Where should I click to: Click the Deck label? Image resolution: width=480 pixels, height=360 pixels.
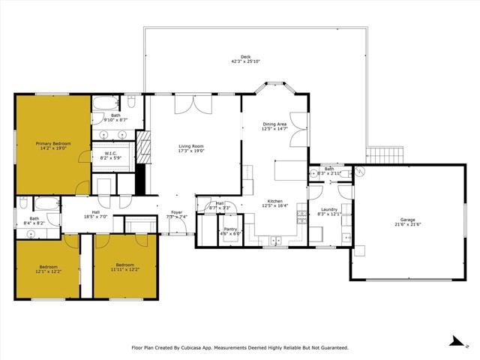[245, 57]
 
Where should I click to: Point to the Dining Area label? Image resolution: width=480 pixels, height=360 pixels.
[274, 124]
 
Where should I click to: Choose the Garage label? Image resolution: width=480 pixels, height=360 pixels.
[407, 220]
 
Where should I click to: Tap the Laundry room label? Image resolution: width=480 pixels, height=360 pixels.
[330, 209]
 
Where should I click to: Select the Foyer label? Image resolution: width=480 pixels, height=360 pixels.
[176, 213]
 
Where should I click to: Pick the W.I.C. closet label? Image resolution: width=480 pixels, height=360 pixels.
[110, 154]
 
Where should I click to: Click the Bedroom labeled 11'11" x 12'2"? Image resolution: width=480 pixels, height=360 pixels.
[124, 265]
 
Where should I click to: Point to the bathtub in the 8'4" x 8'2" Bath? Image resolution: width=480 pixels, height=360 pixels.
[46, 203]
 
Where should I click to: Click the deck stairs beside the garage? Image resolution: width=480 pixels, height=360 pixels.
[374, 155]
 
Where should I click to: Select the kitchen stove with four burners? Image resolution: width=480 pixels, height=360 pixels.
[301, 217]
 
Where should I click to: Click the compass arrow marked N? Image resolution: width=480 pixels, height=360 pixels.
[454, 341]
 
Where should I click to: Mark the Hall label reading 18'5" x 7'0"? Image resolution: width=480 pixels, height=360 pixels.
[96, 213]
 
